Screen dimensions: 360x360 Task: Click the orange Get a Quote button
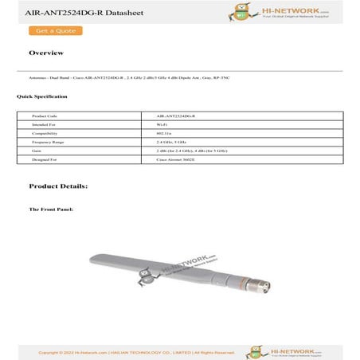[55, 31]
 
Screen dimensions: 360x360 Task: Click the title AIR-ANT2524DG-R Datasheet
[57, 10]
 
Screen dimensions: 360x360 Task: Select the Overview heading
[46, 53]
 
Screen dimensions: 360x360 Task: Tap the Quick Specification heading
[41, 96]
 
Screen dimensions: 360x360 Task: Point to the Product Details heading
[58, 186]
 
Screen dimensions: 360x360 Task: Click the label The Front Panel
[51, 209]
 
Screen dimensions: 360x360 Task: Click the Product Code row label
[45, 116]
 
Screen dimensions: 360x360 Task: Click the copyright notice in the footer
[135, 351]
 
